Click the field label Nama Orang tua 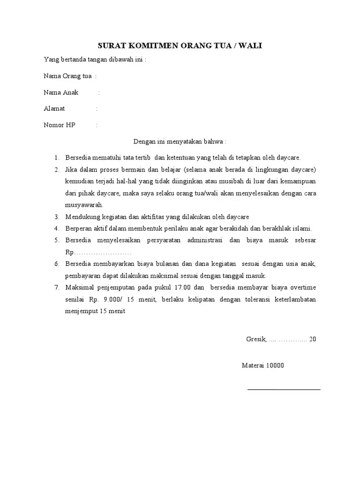tap(67, 76)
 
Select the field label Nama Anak tap(61, 92)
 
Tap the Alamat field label tap(54, 109)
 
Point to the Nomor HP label tap(60, 125)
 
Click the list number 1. tap(56, 157)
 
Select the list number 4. tap(56, 229)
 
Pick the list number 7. tap(56, 287)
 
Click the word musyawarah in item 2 tap(84, 205)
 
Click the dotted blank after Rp tap(101, 253)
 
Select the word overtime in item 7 tap(301, 287)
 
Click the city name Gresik tap(256, 339)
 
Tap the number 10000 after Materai tap(275, 366)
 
